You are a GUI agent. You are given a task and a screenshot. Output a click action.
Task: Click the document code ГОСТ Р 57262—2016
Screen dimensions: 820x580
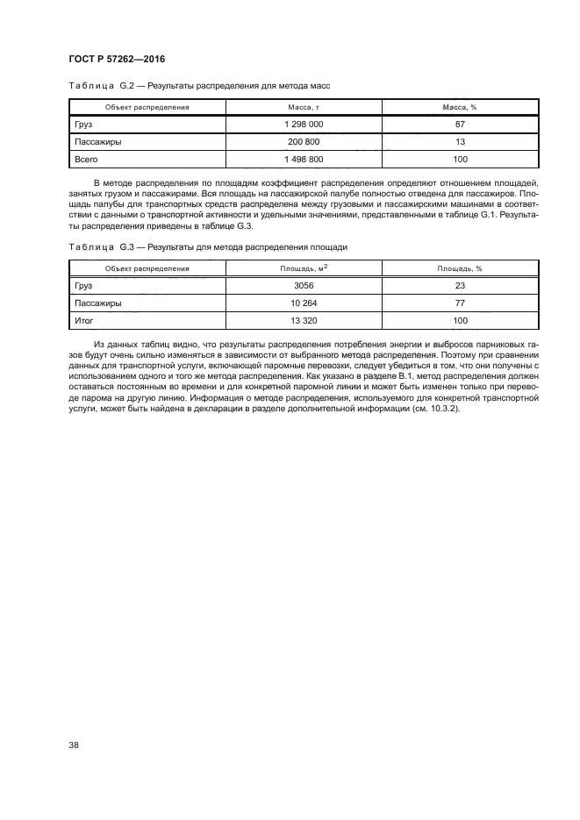pyautogui.click(x=117, y=59)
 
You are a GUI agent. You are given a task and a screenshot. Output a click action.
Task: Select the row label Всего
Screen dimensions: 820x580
pyautogui.click(x=85, y=160)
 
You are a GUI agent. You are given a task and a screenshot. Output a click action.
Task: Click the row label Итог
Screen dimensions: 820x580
pyautogui.click(x=84, y=321)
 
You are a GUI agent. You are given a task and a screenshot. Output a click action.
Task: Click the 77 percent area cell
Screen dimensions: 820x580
pyautogui.click(x=460, y=303)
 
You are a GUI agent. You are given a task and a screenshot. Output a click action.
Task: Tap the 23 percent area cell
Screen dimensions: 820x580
pyautogui.click(x=460, y=286)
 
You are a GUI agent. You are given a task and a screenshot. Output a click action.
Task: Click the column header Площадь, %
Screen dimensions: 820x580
pyautogui.click(x=460, y=268)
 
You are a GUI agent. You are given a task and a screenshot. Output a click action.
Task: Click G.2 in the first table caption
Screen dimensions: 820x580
pyautogui.click(x=129, y=86)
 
